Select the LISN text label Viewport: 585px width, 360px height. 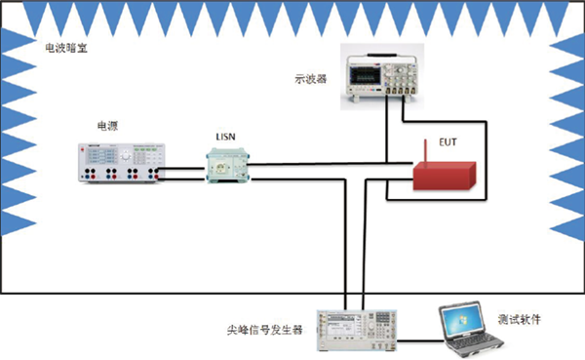pos(227,137)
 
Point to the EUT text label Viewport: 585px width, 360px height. pos(448,142)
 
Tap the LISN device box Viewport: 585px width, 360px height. pos(228,167)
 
